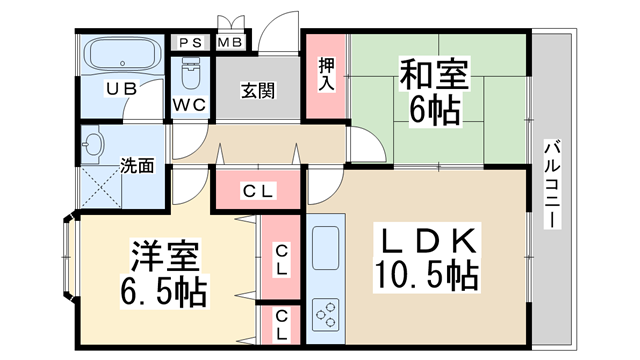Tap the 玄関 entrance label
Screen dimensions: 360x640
pyautogui.click(x=258, y=90)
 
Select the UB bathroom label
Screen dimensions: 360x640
pyautogui.click(x=121, y=89)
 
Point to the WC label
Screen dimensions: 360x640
pyautogui.click(x=190, y=103)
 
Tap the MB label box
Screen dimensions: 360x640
pyautogui.click(x=230, y=43)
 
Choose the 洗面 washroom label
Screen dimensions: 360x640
pyautogui.click(x=137, y=164)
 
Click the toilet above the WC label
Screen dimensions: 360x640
pyautogui.click(x=190, y=73)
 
